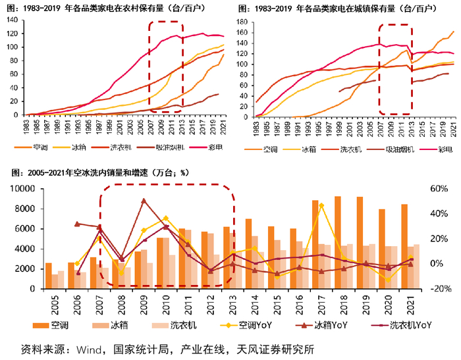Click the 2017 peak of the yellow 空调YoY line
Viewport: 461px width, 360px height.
(x=321, y=205)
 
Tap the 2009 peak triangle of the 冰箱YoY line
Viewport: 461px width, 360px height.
(x=144, y=201)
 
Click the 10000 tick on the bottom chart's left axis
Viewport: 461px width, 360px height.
(x=26, y=189)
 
